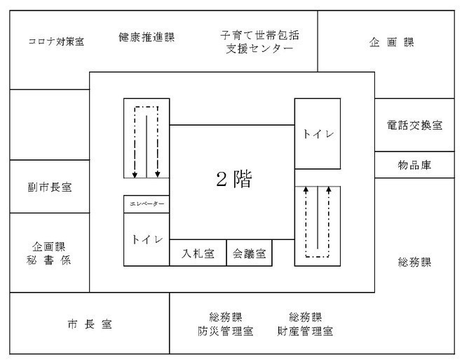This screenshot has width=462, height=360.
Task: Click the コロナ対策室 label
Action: tap(56, 41)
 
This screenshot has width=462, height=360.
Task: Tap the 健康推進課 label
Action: tap(147, 37)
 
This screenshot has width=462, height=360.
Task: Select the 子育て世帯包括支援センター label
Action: tap(259, 42)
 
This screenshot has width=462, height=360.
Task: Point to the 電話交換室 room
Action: tap(414, 125)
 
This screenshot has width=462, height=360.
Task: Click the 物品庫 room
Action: tap(414, 165)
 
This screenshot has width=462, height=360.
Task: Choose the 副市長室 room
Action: tap(50, 187)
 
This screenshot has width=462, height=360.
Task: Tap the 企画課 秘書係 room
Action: tap(50, 253)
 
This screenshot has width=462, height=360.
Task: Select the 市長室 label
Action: tap(90, 324)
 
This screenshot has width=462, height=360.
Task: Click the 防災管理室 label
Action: tap(226, 331)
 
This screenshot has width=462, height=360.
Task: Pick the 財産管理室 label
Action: tap(305, 331)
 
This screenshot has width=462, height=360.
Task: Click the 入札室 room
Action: tap(198, 253)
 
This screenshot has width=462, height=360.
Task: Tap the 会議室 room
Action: tap(250, 253)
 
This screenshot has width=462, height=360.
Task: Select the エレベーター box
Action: tap(147, 204)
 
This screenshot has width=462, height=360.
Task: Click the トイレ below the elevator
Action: tap(147, 239)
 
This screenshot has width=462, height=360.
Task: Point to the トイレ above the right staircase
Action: tap(318, 133)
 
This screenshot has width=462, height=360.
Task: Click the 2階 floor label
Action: tap(234, 179)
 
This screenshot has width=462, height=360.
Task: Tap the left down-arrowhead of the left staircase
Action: tap(135, 175)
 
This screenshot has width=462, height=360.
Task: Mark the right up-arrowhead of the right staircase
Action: tap(329, 189)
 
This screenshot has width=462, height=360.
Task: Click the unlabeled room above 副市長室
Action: tap(50, 125)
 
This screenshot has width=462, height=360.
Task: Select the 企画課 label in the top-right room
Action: tap(392, 43)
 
